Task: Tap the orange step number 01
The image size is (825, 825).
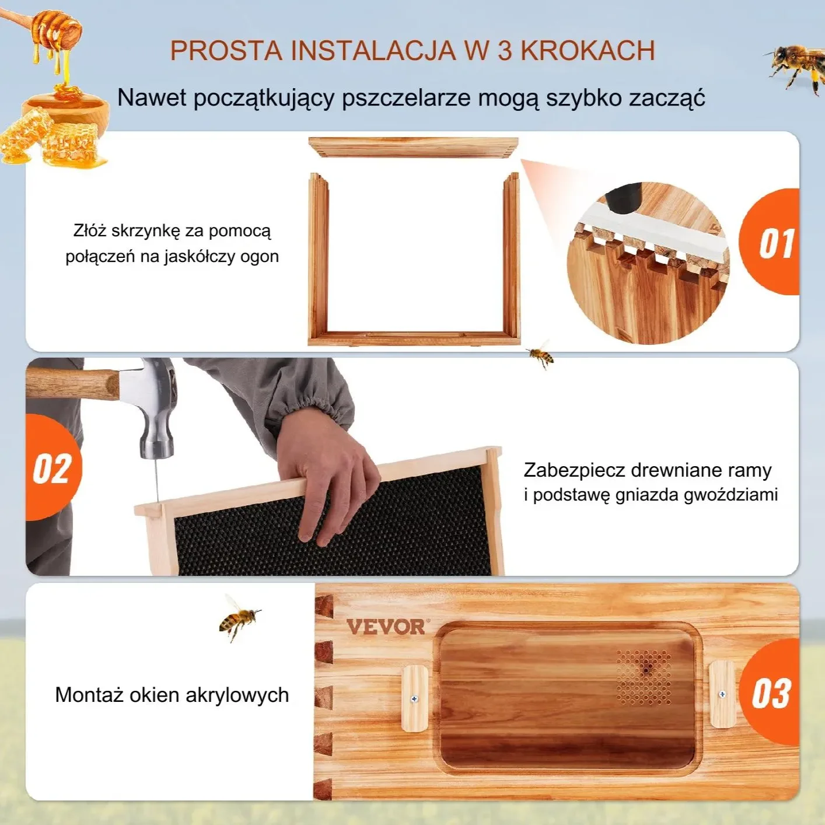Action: (775, 243)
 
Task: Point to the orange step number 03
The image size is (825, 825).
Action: (771, 694)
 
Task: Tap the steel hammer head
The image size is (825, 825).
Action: (155, 408)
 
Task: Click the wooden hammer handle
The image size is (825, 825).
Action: (70, 382)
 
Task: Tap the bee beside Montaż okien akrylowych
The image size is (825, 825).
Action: (238, 617)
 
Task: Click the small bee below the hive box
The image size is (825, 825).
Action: (541, 354)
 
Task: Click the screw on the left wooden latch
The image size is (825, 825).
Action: (415, 698)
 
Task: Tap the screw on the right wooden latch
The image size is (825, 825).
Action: (722, 694)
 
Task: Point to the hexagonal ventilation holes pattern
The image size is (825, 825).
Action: (644, 677)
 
